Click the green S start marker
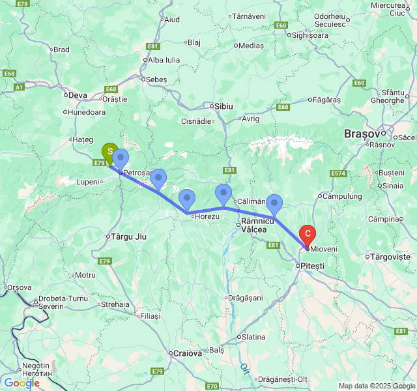pos(110,151)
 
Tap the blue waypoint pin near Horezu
pos(187,199)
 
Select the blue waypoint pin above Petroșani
pos(121,158)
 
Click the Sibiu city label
pos(222,106)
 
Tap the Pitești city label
pos(311,266)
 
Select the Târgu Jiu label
pos(129,237)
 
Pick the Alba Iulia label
pos(164,59)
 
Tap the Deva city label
pos(78,95)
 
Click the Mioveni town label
pos(324,249)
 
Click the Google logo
pos(21,384)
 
